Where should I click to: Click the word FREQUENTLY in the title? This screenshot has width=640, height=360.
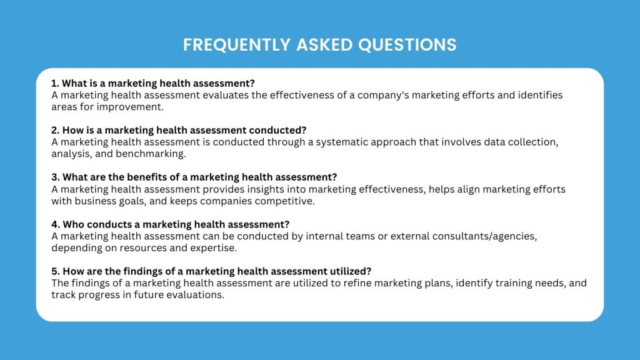click(237, 45)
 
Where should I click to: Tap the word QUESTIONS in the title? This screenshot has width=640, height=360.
click(407, 45)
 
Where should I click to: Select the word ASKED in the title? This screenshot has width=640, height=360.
click(324, 45)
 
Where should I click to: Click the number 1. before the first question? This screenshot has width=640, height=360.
click(55, 83)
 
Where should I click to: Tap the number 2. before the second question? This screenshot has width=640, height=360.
click(56, 130)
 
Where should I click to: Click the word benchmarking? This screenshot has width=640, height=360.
click(151, 154)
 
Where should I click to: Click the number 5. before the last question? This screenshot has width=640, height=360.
click(56, 271)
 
